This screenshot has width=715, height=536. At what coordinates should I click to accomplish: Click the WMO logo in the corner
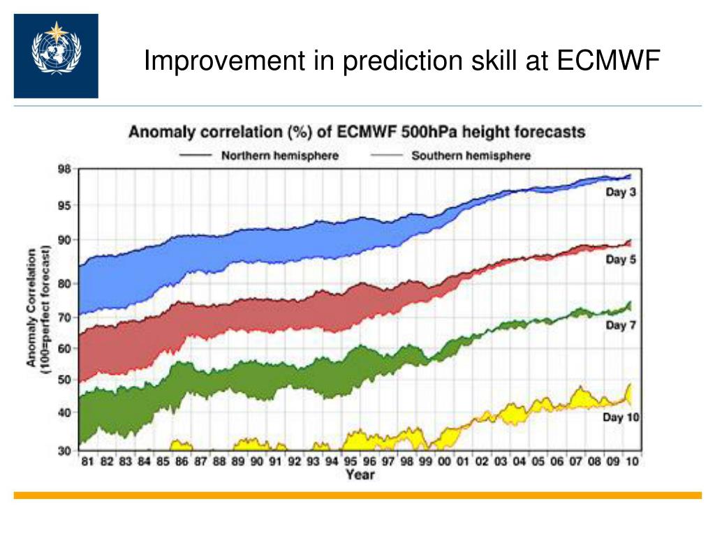[x=56, y=55]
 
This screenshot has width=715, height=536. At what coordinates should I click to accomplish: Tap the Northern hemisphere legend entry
[x=279, y=156]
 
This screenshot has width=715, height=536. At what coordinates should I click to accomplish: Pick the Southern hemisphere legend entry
[x=471, y=156]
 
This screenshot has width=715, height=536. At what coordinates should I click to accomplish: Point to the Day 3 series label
[x=620, y=193]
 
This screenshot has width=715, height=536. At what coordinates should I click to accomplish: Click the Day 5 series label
[x=620, y=260]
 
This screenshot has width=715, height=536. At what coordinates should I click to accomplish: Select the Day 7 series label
[x=620, y=325]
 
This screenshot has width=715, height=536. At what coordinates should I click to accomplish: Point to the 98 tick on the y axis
[x=64, y=170]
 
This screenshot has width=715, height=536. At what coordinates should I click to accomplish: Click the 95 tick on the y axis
[x=64, y=205]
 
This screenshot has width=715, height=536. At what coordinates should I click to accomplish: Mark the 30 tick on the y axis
[x=64, y=451]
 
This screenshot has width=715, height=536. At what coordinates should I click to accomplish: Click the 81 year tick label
[x=88, y=461]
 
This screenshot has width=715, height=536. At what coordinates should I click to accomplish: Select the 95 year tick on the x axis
[x=351, y=461]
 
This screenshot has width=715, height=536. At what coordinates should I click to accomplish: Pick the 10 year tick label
[x=632, y=461]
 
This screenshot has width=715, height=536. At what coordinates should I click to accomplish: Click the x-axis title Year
[x=360, y=475]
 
